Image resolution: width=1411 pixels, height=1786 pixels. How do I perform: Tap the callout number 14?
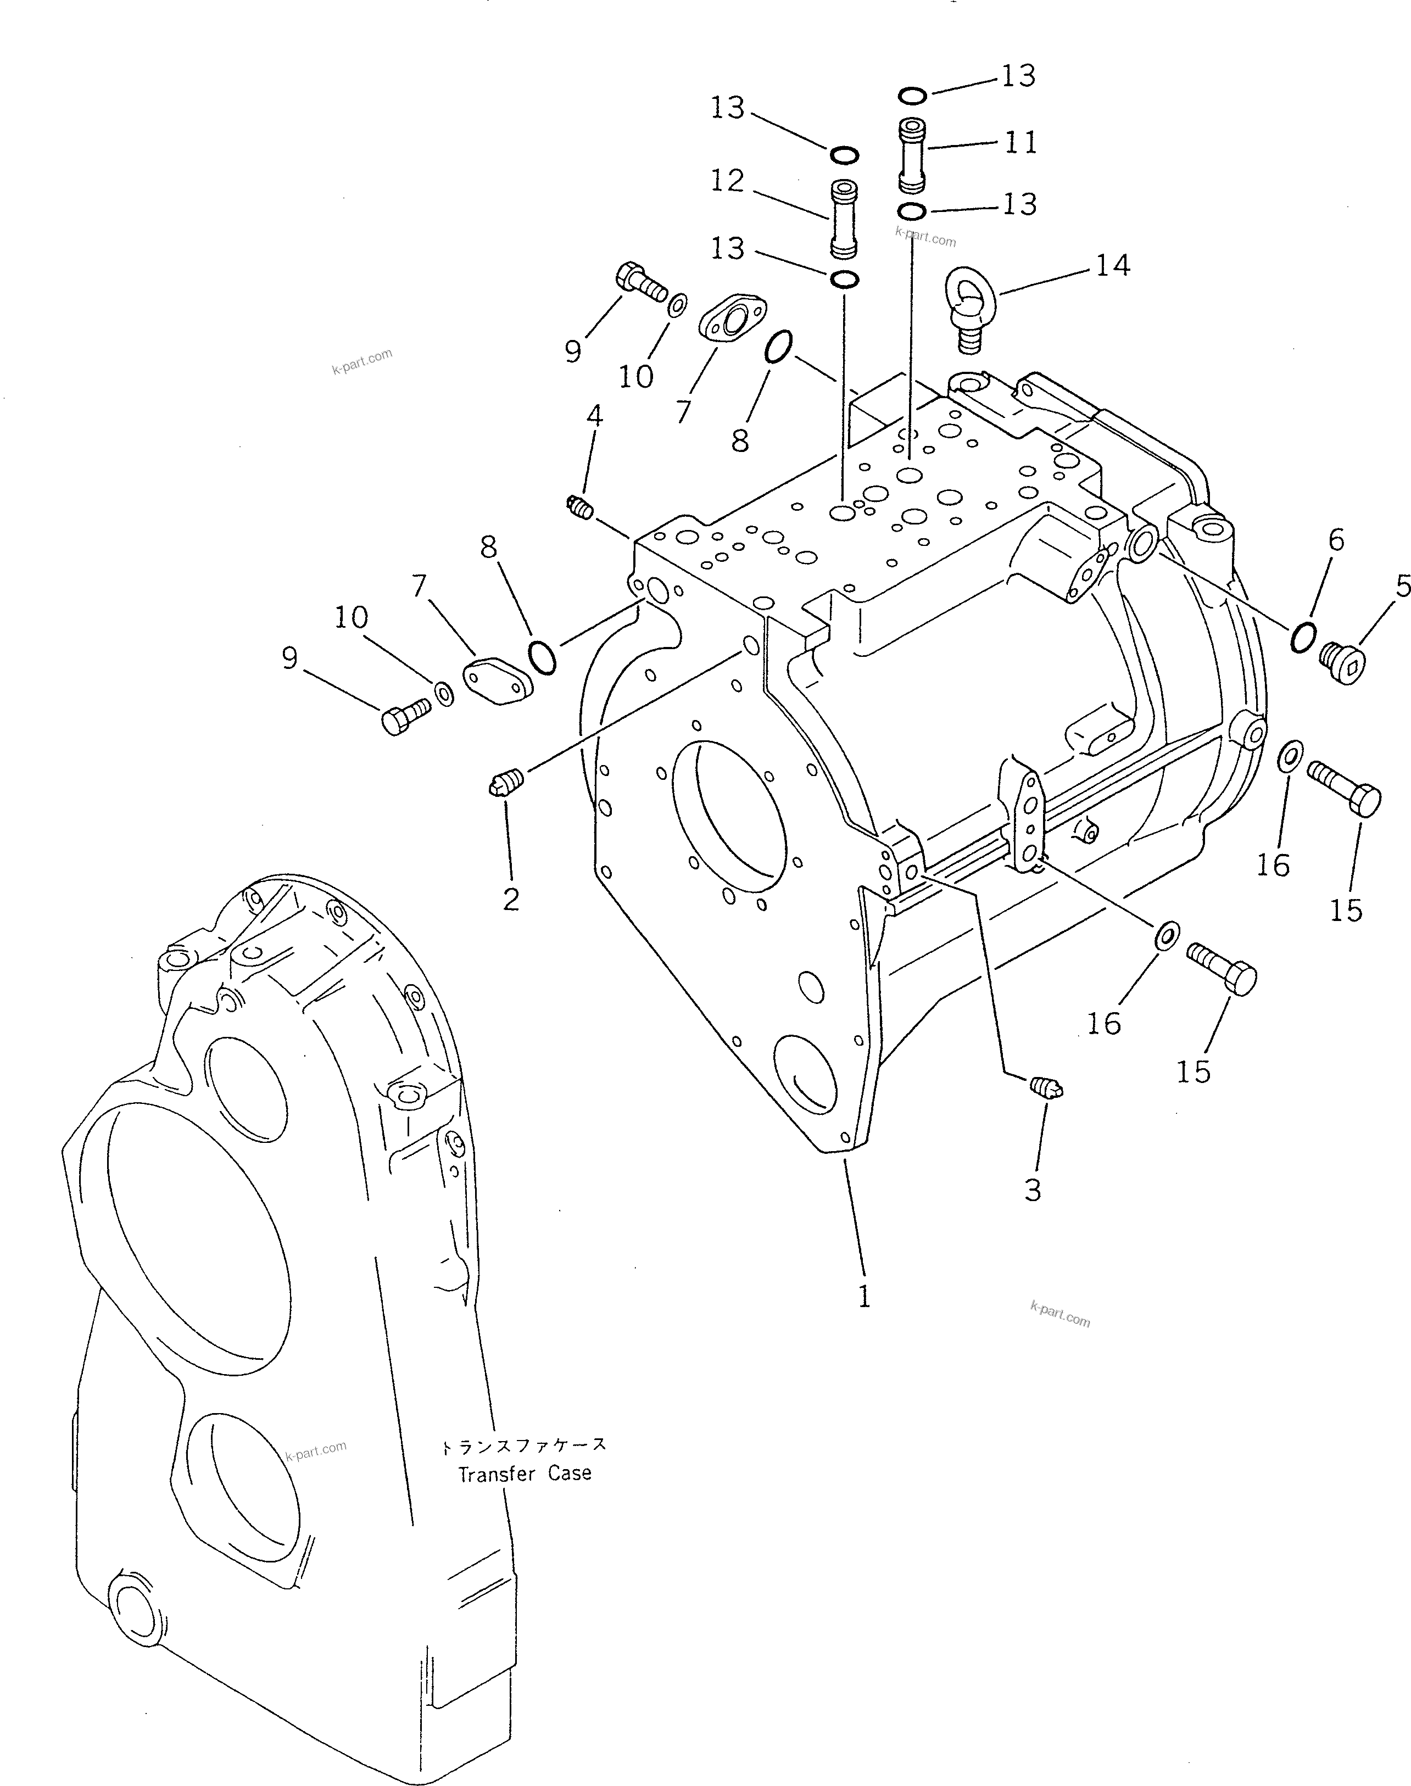pyautogui.click(x=1112, y=265)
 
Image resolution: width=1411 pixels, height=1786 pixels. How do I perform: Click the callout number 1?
pyautogui.click(x=864, y=1298)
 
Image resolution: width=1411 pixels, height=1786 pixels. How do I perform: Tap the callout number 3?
pyautogui.click(x=1033, y=1190)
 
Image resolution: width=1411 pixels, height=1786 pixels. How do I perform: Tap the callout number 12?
pyautogui.click(x=727, y=181)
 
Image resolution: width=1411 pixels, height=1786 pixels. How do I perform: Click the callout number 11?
pyautogui.click(x=1021, y=143)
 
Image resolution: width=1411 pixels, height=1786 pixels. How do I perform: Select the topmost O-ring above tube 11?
pyautogui.click(x=911, y=97)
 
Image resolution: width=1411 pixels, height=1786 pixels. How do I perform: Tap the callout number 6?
pyautogui.click(x=1336, y=540)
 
